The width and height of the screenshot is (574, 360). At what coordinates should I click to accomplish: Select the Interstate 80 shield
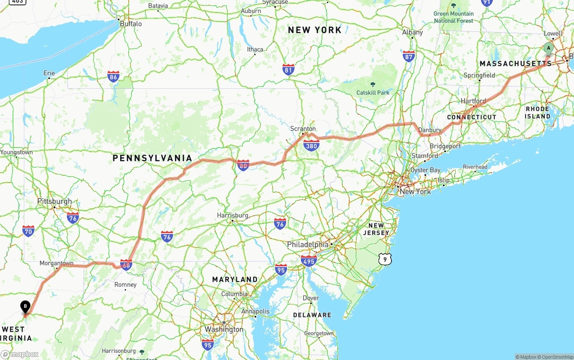point(243,165)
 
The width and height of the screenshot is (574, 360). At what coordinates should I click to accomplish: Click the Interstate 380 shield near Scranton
point(311,146)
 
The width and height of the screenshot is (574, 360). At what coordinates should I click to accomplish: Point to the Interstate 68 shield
point(126,265)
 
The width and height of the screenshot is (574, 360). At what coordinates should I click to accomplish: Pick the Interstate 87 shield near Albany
point(409,56)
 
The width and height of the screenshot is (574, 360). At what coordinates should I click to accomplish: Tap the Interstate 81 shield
point(288,69)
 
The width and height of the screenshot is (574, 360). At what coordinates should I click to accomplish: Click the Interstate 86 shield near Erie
point(113,77)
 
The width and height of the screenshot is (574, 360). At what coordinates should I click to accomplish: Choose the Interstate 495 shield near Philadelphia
point(309,260)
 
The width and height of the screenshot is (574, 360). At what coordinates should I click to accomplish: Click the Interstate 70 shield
point(28,231)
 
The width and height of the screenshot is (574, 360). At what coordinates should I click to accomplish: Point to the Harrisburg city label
point(233,216)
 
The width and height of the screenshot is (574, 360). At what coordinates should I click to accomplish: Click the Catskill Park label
point(373,93)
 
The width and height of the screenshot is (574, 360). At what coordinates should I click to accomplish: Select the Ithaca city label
point(255,49)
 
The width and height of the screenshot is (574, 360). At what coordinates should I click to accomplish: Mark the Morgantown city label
point(57,263)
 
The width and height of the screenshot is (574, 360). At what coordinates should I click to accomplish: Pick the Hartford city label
point(473,101)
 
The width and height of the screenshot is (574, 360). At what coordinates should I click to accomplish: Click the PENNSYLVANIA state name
point(152,158)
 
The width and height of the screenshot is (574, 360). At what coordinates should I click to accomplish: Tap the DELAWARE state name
point(312,315)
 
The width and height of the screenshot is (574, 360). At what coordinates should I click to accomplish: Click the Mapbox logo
point(20,355)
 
